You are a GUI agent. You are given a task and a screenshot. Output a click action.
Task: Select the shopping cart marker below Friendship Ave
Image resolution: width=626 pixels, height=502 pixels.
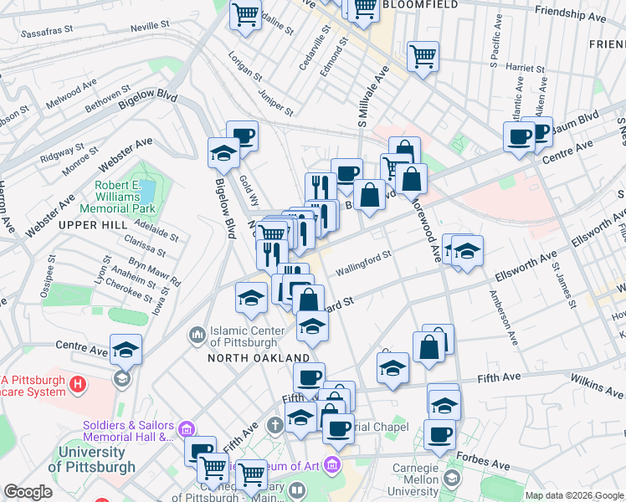pos(423,57)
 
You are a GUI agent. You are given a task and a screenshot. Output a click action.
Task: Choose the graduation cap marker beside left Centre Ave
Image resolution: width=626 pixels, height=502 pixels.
pos(126,349)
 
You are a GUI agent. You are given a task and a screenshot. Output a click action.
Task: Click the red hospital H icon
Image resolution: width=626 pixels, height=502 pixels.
pos(78,385)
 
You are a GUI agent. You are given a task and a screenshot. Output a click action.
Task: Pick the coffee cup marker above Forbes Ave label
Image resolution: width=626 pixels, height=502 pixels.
pos(439,433)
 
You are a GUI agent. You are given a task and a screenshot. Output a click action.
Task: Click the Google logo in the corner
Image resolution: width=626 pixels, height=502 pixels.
pos(28,492)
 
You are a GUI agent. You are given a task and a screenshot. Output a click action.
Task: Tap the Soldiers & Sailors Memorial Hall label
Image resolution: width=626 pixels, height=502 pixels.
pos(128,429)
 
